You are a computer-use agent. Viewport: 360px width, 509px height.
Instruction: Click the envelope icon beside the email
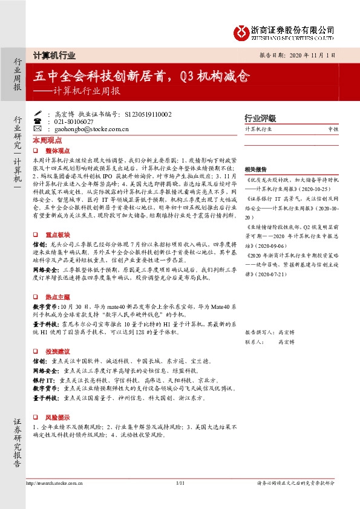point(48,129)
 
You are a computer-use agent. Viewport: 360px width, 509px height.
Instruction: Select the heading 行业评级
point(260,118)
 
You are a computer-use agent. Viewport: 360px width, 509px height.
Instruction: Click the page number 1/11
point(180,484)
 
